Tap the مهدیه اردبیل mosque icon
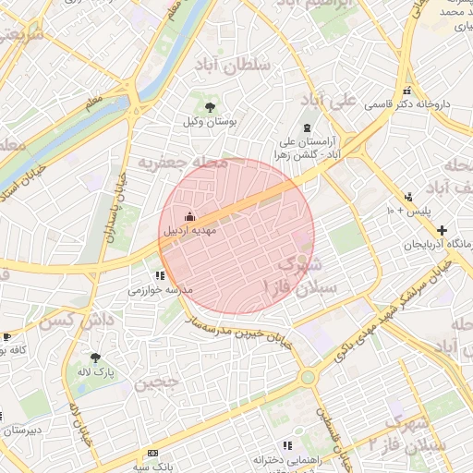tap(177, 217)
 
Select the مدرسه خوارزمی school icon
tap(160, 275)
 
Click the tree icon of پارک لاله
tap(95, 357)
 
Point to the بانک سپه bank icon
tap(153, 454)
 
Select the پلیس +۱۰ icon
tap(408, 196)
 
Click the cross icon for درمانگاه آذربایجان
tap(443, 230)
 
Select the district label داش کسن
tap(69, 322)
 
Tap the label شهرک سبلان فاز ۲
tap(420, 434)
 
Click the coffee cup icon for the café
tap(7, 337)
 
